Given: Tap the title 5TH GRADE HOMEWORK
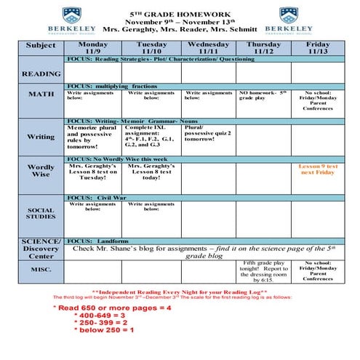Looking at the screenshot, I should (x=180, y=14).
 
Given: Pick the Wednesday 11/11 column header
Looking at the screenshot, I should (x=209, y=48).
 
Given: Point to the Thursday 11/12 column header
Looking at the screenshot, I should (x=264, y=48).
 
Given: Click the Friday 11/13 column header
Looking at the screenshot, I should (x=317, y=48).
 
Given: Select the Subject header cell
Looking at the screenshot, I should (x=41, y=46).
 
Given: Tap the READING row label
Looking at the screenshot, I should (x=41, y=74).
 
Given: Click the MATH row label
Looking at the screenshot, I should (x=41, y=95).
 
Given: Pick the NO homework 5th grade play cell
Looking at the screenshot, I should (x=264, y=96).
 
